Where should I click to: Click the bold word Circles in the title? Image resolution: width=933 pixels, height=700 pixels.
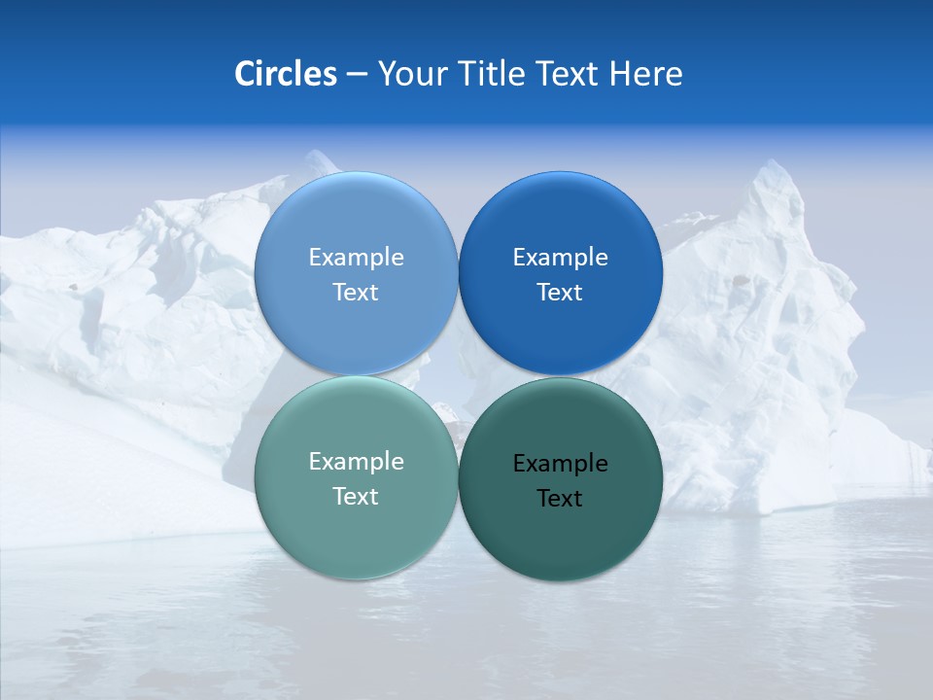tap(286, 74)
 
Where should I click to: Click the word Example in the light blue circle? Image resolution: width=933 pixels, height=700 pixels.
tap(356, 258)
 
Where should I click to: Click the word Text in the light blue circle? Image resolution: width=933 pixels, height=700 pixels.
tap(356, 293)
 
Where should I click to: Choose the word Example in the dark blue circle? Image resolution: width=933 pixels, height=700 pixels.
tap(560, 258)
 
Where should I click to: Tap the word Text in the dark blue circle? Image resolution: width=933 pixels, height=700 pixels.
tap(560, 293)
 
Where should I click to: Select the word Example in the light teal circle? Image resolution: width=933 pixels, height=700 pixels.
tap(356, 462)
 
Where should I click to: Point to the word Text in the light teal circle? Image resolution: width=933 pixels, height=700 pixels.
tap(356, 497)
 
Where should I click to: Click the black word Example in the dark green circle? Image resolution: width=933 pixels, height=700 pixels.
tap(560, 464)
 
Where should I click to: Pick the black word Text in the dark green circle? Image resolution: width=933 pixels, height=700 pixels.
tap(560, 499)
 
